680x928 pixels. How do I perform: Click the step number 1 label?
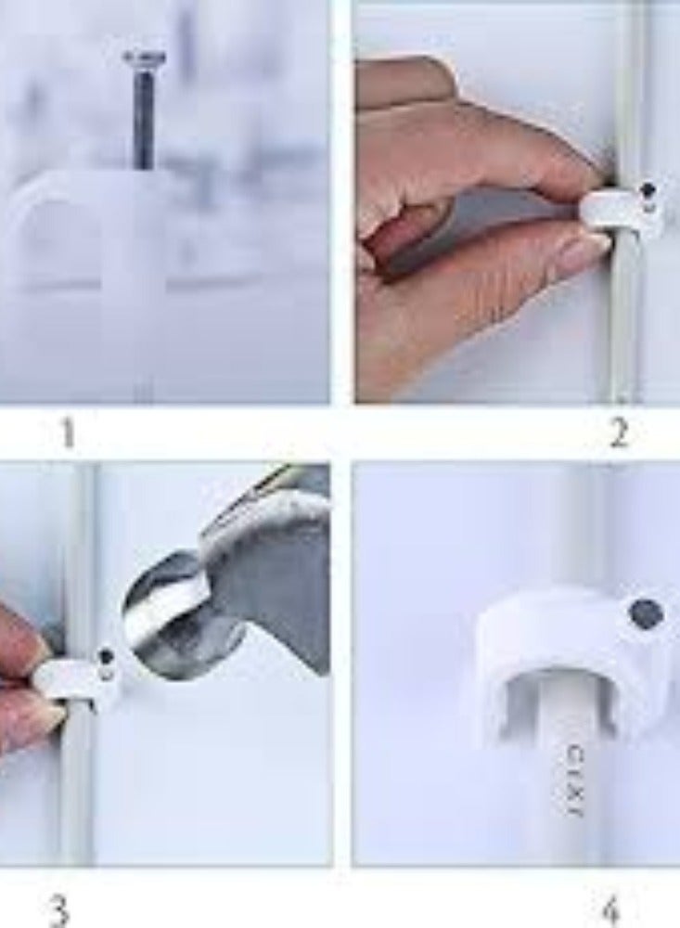67,433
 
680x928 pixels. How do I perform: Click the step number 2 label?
619,432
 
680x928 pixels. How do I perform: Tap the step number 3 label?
58,910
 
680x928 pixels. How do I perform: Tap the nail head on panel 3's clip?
108,657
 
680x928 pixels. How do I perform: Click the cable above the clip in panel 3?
78,557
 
